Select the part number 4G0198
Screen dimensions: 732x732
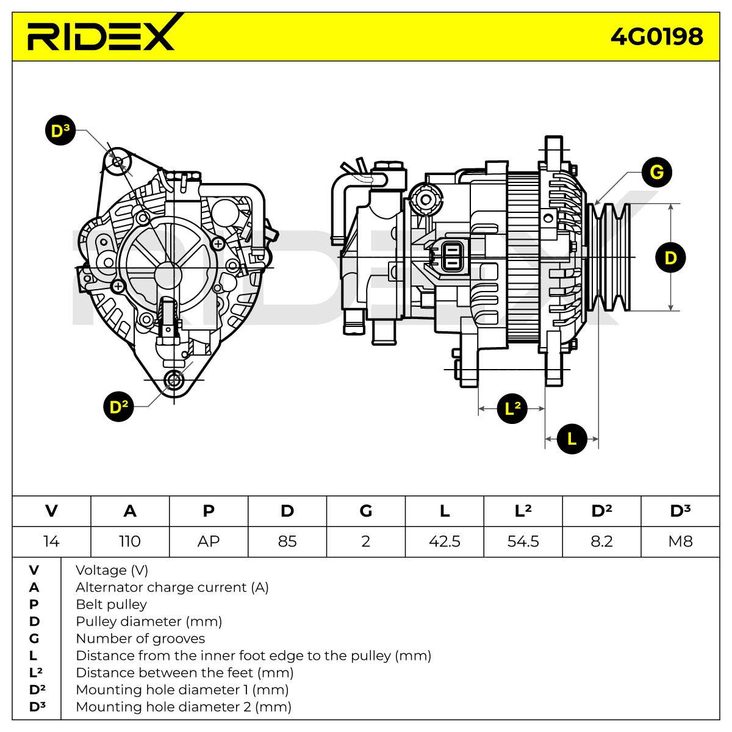[x=656, y=37]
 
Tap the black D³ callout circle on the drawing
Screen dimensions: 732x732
[x=60, y=131]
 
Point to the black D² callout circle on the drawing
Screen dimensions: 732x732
[x=118, y=406]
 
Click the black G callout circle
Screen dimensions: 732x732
[x=657, y=172]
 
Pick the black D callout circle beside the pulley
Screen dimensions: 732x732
[x=670, y=257]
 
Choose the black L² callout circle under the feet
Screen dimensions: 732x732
[x=512, y=408]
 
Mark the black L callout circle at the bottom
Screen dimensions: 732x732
[x=572, y=439]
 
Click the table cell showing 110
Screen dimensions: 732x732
[x=130, y=541]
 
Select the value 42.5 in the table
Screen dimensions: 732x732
[x=445, y=541]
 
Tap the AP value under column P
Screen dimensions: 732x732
[x=209, y=541]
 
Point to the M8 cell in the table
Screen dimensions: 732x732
[x=680, y=541]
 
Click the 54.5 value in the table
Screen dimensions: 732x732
[x=523, y=541]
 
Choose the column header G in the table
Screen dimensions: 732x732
[x=366, y=511]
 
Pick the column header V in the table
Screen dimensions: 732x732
[x=51, y=511]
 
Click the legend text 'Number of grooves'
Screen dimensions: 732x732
[x=140, y=639]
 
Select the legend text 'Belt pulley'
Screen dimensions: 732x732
[x=111, y=605]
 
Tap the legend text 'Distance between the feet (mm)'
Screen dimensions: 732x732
[x=185, y=673]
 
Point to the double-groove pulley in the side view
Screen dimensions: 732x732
[x=609, y=257]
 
